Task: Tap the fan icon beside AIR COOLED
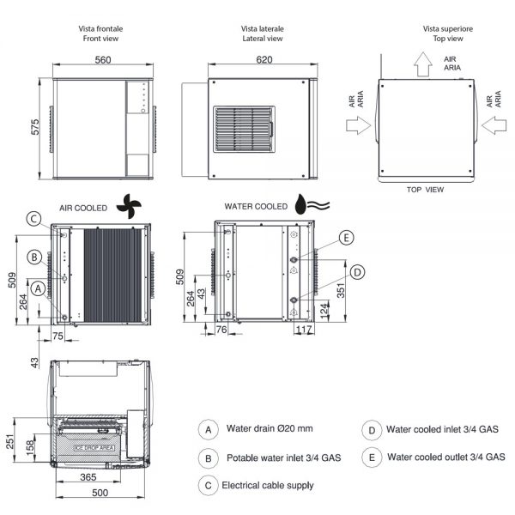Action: [129, 205]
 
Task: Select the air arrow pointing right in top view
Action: [357, 126]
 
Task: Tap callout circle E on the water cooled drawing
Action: [345, 238]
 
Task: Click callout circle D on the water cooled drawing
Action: [358, 271]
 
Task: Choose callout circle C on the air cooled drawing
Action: [33, 219]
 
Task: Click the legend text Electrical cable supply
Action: [267, 485]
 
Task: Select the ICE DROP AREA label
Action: [94, 447]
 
